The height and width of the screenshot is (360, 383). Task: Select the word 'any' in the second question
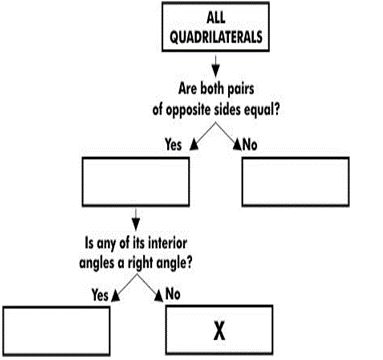pyautogui.click(x=106, y=243)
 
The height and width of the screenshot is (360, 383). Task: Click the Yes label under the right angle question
pyautogui.click(x=101, y=296)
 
